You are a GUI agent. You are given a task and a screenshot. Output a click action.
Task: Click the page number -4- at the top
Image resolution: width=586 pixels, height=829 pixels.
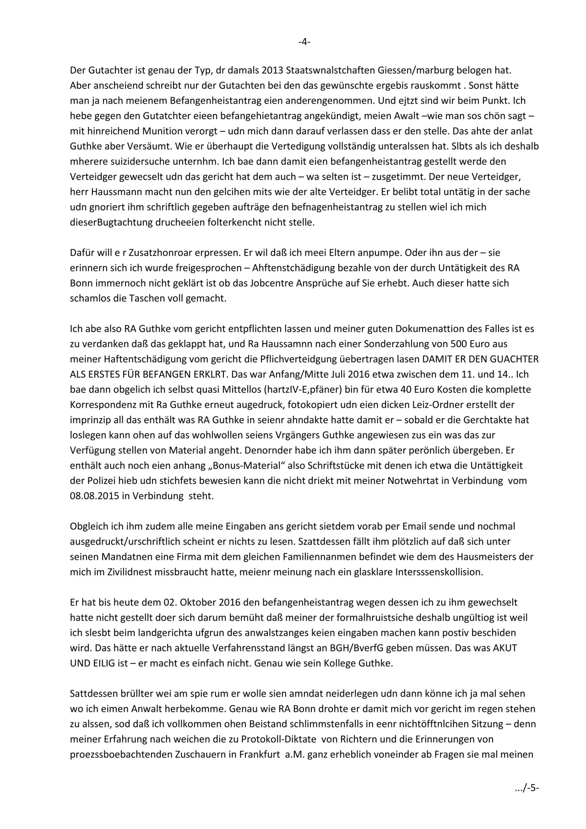(304, 42)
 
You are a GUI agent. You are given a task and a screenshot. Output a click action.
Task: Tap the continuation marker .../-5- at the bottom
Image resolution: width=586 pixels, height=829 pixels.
(526, 788)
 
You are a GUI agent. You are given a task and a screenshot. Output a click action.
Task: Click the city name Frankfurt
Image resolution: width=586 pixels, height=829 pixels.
(260, 754)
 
